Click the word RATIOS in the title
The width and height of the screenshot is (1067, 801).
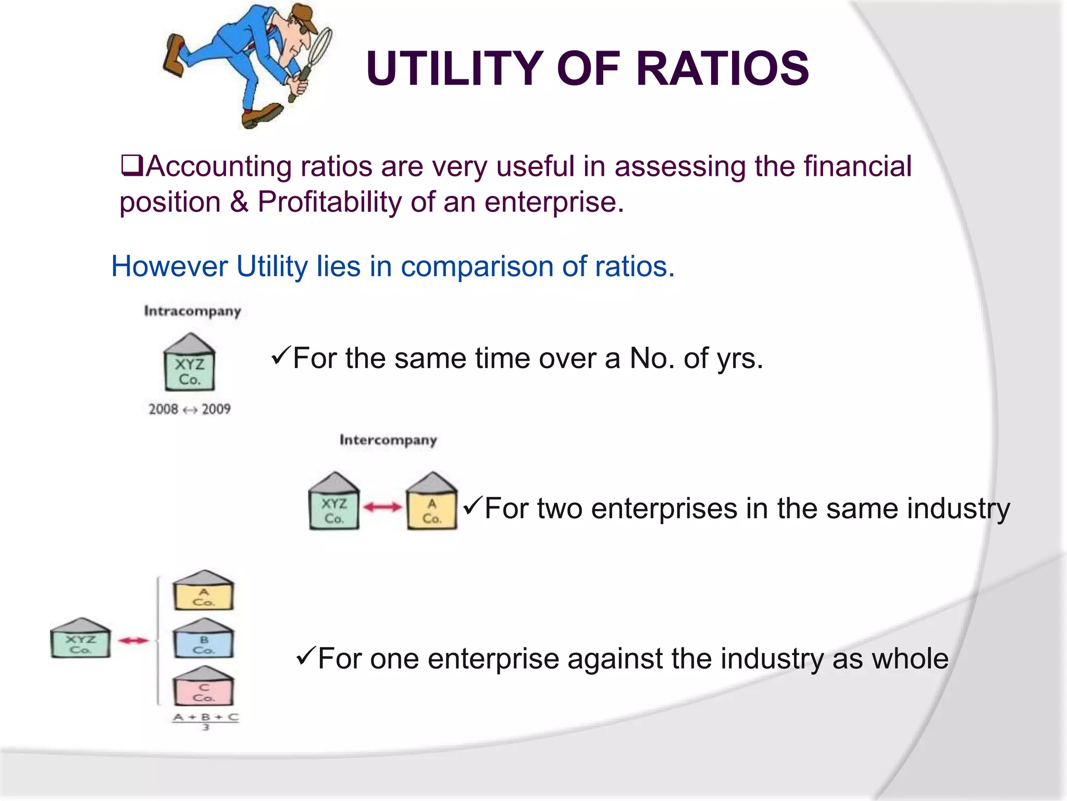click(722, 68)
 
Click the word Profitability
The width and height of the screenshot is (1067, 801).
click(330, 202)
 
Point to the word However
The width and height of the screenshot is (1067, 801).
click(169, 266)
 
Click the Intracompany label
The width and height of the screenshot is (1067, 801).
click(192, 311)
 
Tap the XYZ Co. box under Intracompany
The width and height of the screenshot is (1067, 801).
click(190, 367)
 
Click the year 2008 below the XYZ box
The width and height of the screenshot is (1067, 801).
click(163, 409)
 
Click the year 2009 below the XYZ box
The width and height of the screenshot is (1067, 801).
click(216, 409)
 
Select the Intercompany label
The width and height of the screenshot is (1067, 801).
click(388, 440)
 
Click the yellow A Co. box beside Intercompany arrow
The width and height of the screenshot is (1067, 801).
click(431, 506)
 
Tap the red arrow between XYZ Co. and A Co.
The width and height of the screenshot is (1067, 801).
click(382, 507)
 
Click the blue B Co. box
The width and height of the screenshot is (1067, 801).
click(203, 642)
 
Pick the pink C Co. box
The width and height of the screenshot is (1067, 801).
click(203, 689)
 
